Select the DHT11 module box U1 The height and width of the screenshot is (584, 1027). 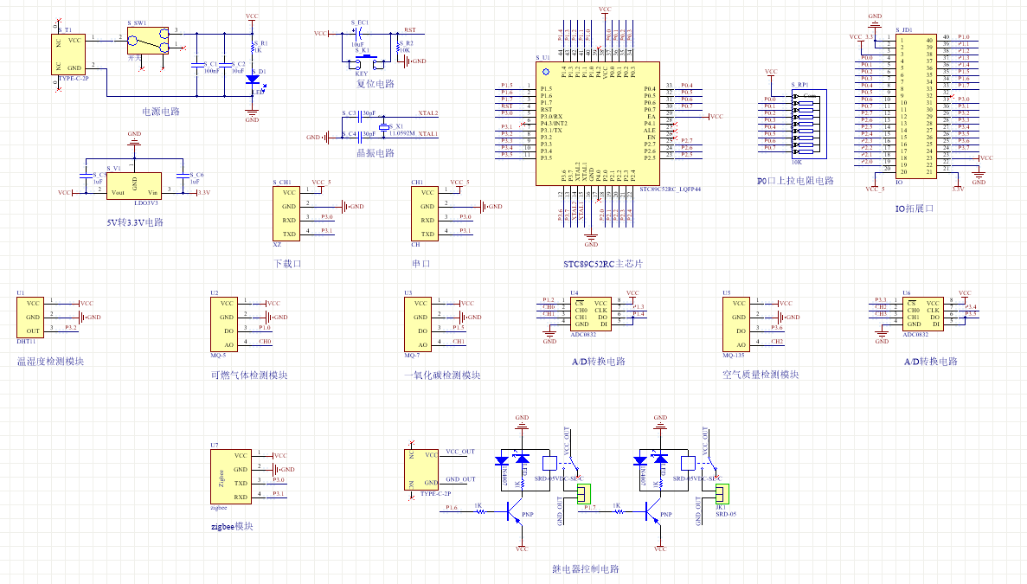point(31,318)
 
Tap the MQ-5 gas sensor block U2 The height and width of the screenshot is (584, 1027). point(225,324)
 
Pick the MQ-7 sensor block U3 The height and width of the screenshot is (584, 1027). point(419,324)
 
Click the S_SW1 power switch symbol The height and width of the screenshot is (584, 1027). point(145,42)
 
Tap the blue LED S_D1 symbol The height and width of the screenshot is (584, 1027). point(253,79)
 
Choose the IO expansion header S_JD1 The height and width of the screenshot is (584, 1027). point(916,106)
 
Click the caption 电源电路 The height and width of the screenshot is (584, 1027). point(161,112)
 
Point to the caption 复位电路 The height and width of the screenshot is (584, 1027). point(375,84)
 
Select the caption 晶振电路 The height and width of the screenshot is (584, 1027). point(375,153)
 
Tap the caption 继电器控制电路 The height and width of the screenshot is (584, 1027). point(586,569)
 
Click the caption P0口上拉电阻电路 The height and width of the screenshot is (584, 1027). point(794,181)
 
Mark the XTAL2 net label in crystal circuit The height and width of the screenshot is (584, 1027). point(427,113)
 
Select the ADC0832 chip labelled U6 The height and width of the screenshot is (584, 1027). point(919,314)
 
